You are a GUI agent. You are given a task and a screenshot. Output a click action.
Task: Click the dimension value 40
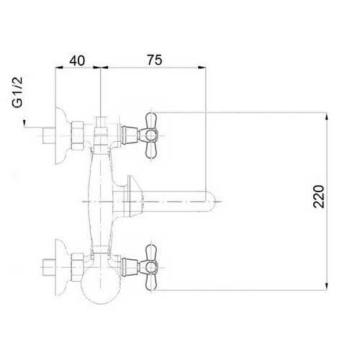click(x=77, y=60)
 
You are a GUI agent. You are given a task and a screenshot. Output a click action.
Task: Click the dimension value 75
click(x=155, y=60)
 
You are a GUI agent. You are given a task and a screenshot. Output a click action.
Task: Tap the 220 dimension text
click(x=319, y=197)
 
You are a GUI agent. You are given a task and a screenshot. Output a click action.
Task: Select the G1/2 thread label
click(x=17, y=92)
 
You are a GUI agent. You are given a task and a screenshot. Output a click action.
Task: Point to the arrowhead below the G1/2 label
click(x=24, y=123)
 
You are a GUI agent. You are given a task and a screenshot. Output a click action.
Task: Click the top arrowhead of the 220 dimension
click(x=327, y=117)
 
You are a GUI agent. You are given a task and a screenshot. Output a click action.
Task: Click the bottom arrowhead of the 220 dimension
click(x=327, y=286)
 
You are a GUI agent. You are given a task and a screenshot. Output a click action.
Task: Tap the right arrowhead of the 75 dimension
click(x=202, y=68)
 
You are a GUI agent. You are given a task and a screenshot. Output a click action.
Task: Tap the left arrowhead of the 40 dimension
click(x=60, y=68)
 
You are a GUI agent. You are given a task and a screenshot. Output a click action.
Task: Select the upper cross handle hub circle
click(x=150, y=135)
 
